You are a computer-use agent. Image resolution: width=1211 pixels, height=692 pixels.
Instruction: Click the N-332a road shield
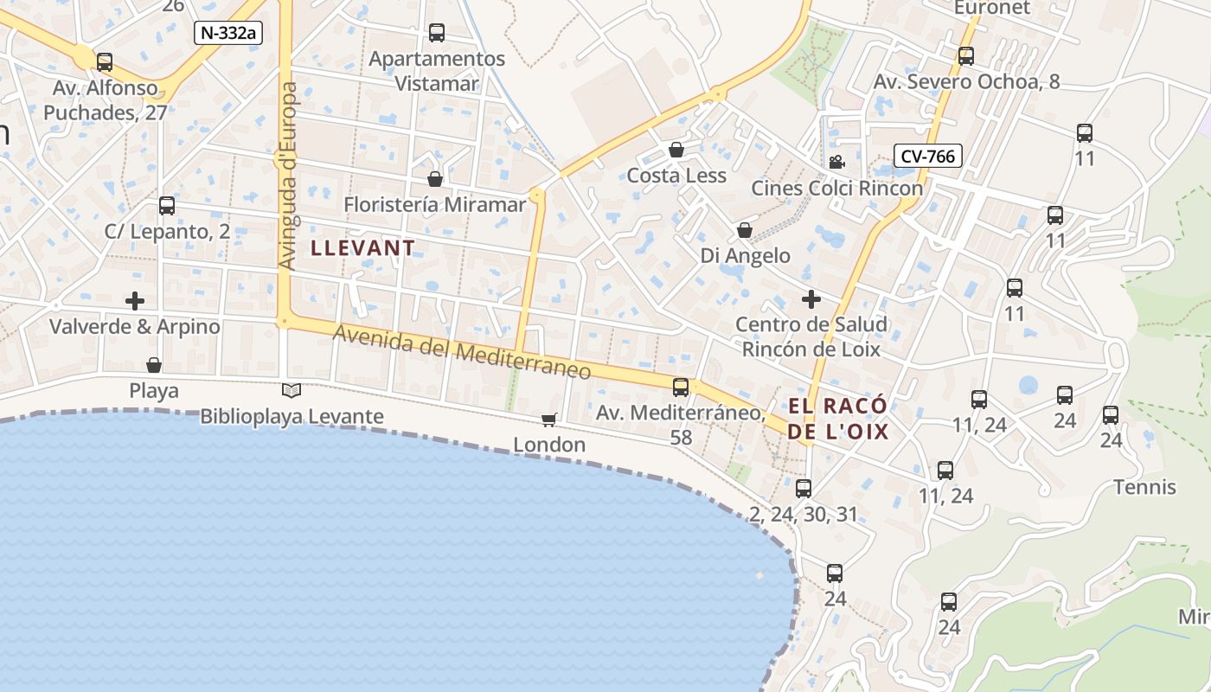point(228,33)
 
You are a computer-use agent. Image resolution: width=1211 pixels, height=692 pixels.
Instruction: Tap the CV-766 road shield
point(928,156)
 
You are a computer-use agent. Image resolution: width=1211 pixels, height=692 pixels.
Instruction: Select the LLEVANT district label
point(362,248)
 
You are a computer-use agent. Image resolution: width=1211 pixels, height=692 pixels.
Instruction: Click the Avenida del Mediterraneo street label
point(462,352)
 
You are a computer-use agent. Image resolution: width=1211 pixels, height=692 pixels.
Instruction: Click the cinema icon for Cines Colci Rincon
point(836,163)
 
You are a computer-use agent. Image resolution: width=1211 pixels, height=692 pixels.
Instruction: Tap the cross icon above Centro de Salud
point(811,299)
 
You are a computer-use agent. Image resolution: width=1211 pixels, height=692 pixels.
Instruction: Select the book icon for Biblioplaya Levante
point(292,391)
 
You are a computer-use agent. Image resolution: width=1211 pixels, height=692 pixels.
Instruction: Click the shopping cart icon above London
point(548,420)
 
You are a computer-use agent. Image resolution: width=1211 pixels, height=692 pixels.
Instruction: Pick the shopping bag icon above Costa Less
point(676,151)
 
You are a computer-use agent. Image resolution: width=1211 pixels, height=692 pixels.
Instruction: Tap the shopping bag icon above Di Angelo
point(745,230)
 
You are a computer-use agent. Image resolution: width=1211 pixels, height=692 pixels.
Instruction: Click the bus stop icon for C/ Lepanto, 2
point(167,206)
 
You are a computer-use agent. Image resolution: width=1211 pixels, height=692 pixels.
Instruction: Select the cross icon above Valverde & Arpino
point(135,301)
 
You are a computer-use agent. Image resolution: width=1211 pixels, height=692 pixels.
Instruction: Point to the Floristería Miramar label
point(434,205)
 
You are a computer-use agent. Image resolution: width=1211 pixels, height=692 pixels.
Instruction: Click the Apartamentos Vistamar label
point(437,71)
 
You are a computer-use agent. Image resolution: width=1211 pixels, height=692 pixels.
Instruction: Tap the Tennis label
point(1144,487)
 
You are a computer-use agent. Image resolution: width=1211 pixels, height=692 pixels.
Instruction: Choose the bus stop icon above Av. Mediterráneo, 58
point(681,387)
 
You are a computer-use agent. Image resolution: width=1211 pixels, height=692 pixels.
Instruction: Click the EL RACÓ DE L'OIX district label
point(837,419)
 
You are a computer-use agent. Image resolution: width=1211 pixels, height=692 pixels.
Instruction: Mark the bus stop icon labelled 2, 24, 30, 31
point(804,489)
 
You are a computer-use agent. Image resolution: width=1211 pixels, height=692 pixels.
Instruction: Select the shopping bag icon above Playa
point(154,365)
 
